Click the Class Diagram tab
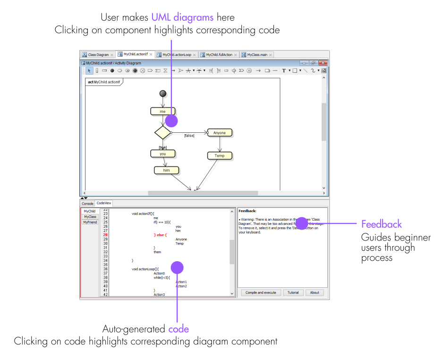[98, 55]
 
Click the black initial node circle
[163, 94]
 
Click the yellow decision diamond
[162, 132]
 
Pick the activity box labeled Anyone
[220, 133]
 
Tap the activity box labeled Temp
[220, 155]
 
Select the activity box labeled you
[162, 154]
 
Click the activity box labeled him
[166, 170]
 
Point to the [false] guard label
[189, 136]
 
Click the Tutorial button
[293, 292]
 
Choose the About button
[315, 292]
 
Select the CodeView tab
[104, 203]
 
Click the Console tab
[88, 203]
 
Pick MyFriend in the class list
[90, 222]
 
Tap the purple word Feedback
[381, 224]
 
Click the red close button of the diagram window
[323, 63]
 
